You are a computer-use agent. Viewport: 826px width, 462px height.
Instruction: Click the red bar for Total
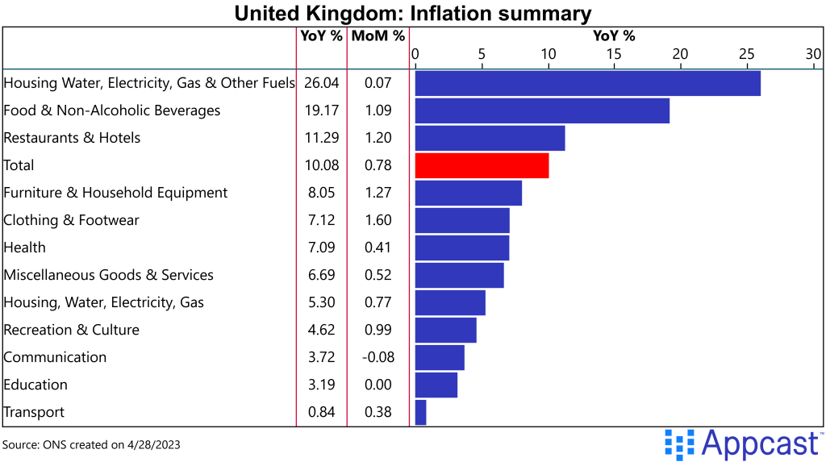(482, 165)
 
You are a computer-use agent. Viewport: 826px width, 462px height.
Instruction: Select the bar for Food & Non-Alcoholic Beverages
(542, 110)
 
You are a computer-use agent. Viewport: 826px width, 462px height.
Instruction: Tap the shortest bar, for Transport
(420, 412)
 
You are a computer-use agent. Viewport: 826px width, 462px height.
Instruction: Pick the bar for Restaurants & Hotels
(490, 138)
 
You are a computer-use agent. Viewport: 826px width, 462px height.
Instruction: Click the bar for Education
(436, 385)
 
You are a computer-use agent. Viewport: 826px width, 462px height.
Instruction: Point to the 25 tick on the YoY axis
(746, 54)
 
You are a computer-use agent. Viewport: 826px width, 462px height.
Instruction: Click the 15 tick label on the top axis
(614, 54)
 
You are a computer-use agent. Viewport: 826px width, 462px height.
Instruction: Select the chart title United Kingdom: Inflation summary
(413, 14)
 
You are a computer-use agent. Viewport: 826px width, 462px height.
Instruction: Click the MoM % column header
(378, 35)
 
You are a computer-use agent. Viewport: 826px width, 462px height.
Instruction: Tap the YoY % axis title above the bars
(614, 35)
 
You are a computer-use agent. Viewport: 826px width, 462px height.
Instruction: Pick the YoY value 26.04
(322, 83)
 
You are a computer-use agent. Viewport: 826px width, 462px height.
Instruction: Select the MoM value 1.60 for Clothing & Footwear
(378, 220)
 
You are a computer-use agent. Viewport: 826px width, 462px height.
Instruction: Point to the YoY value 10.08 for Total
(322, 165)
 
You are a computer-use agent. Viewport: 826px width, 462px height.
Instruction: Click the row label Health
(25, 248)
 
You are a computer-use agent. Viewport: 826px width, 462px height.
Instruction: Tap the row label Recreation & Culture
(72, 330)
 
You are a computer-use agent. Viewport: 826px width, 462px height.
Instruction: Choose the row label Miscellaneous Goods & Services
(109, 275)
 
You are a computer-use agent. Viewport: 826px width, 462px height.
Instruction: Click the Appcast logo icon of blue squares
(679, 444)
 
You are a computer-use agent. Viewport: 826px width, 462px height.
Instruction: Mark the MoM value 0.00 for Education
(378, 385)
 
